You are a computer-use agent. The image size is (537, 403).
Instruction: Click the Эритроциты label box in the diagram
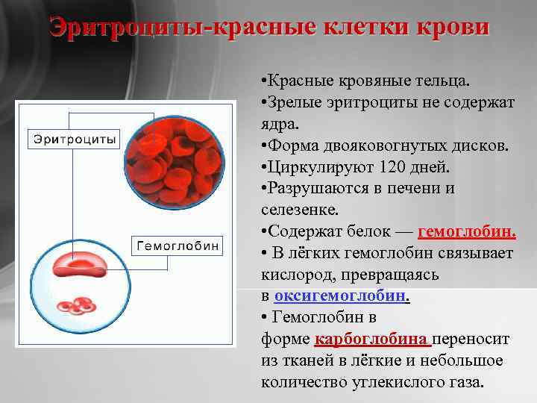click(74, 139)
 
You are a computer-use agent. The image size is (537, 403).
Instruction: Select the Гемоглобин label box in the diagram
click(177, 244)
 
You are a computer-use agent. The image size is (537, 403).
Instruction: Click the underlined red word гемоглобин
click(467, 232)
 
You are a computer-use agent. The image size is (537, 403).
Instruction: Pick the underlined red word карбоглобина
click(373, 339)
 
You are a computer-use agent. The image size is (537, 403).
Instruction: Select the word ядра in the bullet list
click(277, 123)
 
